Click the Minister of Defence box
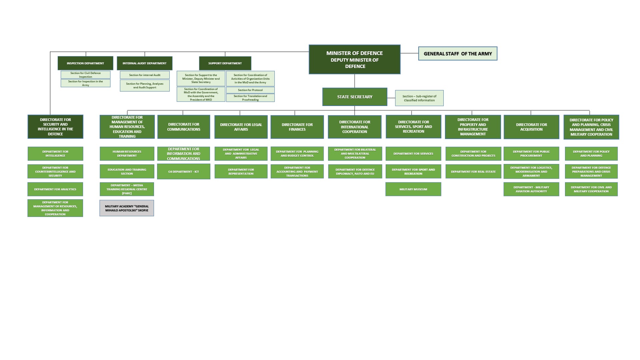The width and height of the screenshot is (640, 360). click(354, 59)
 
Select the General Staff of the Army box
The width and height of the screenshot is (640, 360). click(458, 54)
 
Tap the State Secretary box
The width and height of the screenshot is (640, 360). click(355, 97)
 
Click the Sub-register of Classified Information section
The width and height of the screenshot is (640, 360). click(419, 98)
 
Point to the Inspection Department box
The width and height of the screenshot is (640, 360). click(85, 63)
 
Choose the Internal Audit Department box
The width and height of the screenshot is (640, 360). click(144, 63)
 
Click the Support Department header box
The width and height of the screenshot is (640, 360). click(225, 63)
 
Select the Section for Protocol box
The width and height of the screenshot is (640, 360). click(250, 90)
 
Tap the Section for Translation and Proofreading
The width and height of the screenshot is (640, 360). click(250, 98)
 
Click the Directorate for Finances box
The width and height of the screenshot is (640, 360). click(297, 127)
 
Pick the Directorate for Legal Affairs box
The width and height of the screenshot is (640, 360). click(241, 127)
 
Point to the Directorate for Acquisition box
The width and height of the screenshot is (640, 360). click(531, 127)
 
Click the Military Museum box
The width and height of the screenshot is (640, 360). click(413, 189)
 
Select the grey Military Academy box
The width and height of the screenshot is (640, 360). click(127, 208)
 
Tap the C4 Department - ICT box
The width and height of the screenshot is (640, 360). click(184, 172)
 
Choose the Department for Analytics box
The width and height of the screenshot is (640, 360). click(55, 189)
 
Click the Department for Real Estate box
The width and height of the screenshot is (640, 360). click(473, 172)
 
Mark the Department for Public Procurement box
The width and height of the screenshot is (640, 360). click(531, 154)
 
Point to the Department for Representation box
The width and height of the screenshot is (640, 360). click(241, 172)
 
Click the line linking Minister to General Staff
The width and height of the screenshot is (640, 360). click(409, 53)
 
